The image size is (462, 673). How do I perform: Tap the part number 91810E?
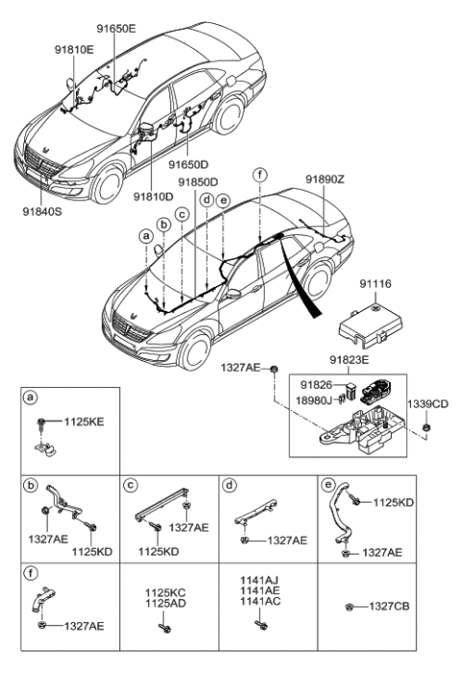pos(75,48)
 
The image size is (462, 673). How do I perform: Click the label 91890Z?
pos(325,180)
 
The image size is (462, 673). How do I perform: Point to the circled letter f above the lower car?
pos(258,174)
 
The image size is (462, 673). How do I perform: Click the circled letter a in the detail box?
pos(31,398)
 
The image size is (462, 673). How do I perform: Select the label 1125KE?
pos(83,422)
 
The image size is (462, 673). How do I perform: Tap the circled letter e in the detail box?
pos(326,483)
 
